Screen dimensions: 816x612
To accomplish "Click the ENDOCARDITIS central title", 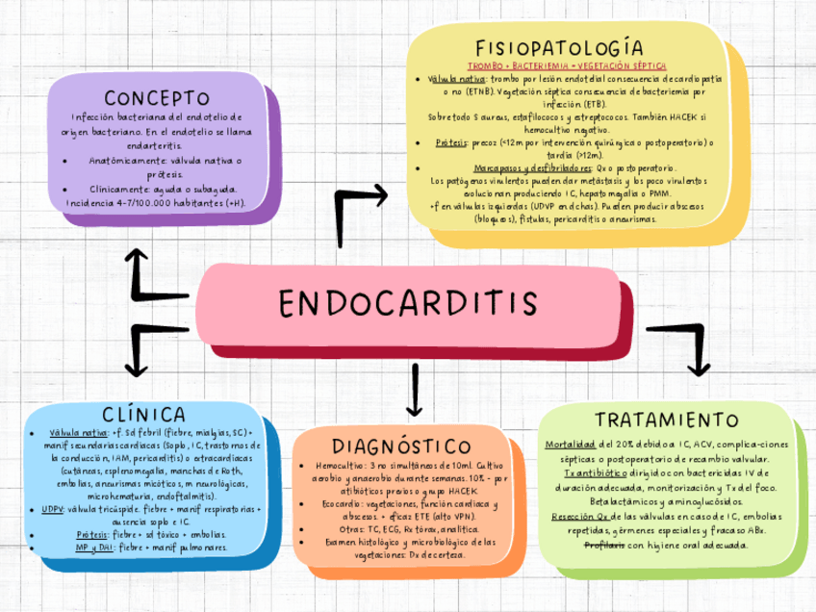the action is [x=408, y=303].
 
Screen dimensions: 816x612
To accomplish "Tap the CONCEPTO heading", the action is [x=157, y=99].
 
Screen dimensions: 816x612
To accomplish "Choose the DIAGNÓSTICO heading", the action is [x=402, y=447].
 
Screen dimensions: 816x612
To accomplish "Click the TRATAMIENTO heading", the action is [x=667, y=421].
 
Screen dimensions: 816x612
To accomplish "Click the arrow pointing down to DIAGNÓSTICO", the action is [x=415, y=389].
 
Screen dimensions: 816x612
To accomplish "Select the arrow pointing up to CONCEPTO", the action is [x=140, y=274].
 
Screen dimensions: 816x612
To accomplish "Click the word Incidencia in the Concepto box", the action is [x=87, y=204].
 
